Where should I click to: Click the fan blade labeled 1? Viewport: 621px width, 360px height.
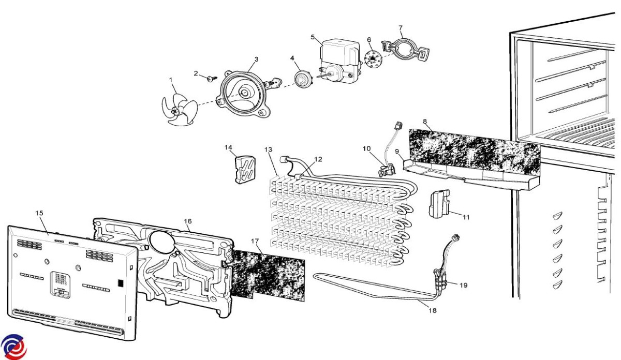(180, 110)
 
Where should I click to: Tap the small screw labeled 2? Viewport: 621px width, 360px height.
(213, 79)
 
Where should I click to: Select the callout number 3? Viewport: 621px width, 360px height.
(257, 59)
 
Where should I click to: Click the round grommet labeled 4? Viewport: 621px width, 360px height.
(302, 79)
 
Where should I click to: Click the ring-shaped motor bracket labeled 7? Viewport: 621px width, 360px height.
(406, 50)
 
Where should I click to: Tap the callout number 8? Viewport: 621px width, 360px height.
(425, 122)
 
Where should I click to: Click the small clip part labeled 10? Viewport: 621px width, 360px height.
(387, 170)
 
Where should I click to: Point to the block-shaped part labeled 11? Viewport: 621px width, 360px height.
(439, 204)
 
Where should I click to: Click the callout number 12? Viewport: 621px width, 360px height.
(318, 159)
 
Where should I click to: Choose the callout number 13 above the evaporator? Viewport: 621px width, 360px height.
(269, 149)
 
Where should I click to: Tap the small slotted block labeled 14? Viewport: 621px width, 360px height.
(245, 170)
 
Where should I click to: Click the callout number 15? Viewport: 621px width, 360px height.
(39, 213)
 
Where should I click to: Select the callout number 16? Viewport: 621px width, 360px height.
(188, 221)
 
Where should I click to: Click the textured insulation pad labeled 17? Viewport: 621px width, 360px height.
(268, 275)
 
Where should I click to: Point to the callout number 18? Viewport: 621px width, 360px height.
(433, 310)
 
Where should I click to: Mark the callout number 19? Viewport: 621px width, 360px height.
(463, 285)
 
